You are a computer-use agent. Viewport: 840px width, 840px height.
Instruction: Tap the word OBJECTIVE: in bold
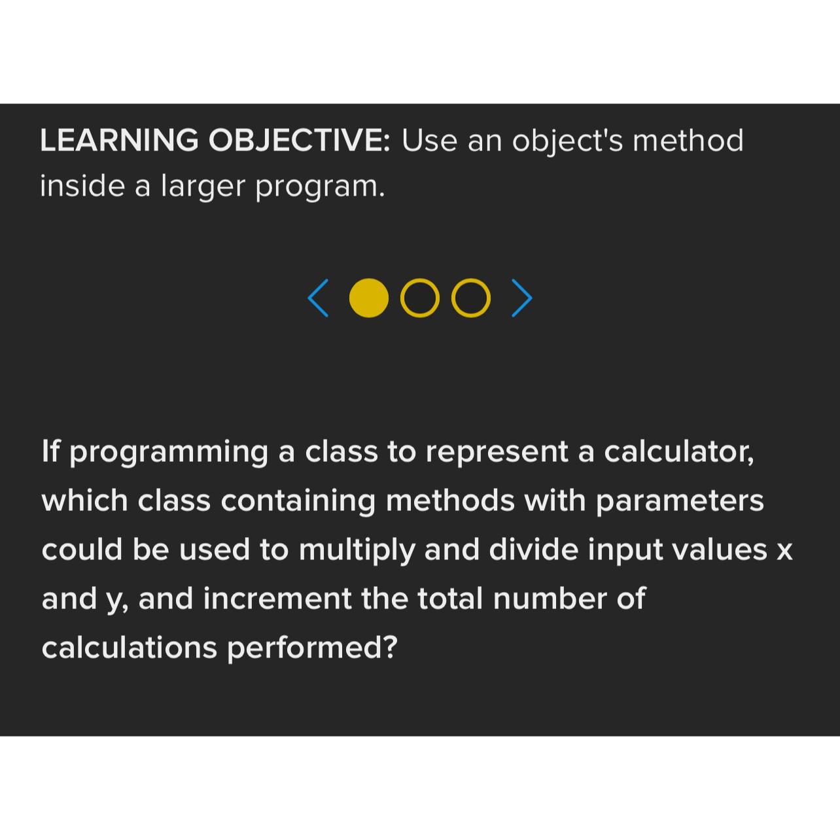[x=300, y=141]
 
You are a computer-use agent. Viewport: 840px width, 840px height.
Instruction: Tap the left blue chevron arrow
[x=318, y=298]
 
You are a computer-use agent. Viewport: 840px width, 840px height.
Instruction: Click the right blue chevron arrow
[x=522, y=298]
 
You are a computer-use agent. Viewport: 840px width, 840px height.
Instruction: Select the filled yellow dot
[x=369, y=298]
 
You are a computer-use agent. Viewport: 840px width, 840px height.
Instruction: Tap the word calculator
[x=678, y=451]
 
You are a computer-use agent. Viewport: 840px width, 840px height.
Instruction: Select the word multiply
[x=357, y=550]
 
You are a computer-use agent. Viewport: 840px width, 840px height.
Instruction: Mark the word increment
[x=277, y=599]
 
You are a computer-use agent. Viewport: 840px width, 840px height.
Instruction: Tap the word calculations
[x=129, y=647]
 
